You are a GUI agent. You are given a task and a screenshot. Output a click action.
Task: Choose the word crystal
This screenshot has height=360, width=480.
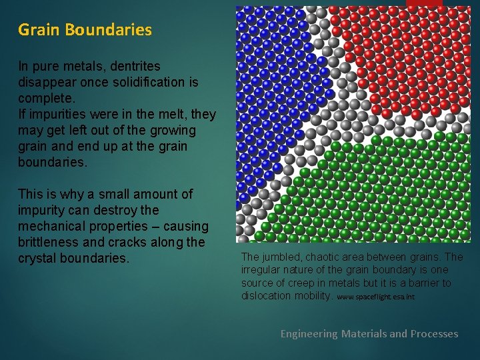click(x=38, y=258)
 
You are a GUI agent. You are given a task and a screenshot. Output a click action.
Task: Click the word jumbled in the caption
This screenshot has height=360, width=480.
click(x=279, y=257)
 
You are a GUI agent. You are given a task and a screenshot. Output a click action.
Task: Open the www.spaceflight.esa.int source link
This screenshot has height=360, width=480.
click(x=375, y=297)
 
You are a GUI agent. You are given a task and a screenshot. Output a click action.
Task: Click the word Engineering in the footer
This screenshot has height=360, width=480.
click(x=309, y=333)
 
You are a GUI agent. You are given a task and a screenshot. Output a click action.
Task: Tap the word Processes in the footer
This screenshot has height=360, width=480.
click(x=433, y=333)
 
